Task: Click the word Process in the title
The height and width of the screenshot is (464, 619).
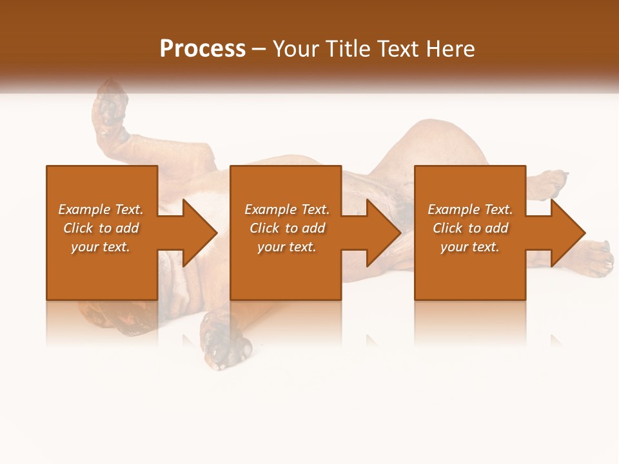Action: [202, 48]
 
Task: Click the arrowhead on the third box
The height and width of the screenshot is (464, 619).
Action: [567, 233]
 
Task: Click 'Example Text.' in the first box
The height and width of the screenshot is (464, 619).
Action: [101, 209]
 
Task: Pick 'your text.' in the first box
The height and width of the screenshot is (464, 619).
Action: [101, 247]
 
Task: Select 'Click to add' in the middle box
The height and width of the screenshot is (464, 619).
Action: [287, 228]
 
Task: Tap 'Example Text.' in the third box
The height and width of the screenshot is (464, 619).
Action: [470, 209]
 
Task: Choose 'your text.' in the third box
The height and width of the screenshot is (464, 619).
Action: [470, 247]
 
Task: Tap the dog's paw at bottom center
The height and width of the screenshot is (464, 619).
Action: [226, 348]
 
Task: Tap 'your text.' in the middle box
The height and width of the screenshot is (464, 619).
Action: [287, 247]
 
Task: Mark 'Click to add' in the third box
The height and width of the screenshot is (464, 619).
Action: [470, 228]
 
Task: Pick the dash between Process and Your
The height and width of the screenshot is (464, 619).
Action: [259, 50]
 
